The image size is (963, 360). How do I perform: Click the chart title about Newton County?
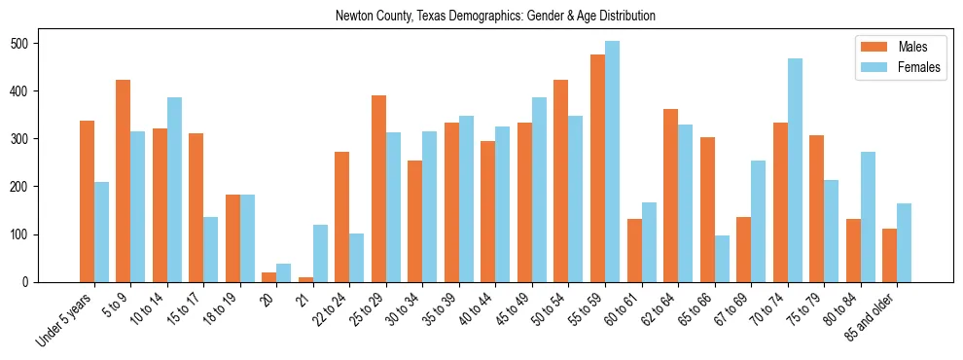pos(495,16)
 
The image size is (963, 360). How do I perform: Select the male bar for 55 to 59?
pos(597,168)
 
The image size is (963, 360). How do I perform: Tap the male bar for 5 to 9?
pos(124,181)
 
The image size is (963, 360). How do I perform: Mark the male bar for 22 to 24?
pos(342,217)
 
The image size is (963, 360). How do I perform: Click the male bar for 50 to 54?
pos(561,181)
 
